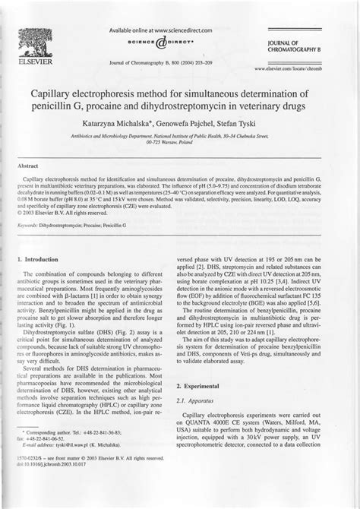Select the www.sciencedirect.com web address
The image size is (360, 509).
(171, 30)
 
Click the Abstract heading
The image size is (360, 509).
(29, 163)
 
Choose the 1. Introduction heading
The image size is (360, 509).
(43, 260)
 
